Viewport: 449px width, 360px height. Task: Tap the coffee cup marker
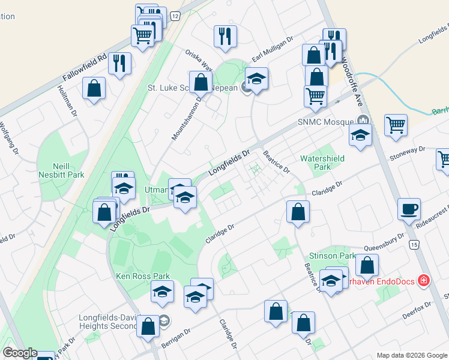click(410, 209)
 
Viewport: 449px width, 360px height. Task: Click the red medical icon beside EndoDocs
click(424, 280)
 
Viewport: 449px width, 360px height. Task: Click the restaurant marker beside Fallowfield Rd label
click(120, 63)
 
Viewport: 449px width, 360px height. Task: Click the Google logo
click(20, 353)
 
